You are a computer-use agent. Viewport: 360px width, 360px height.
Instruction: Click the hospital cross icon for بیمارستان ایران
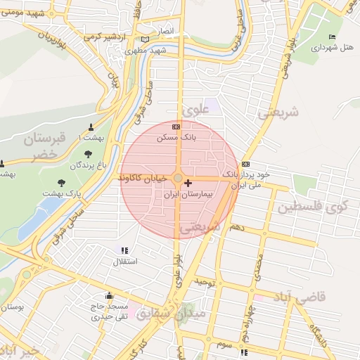[188, 184]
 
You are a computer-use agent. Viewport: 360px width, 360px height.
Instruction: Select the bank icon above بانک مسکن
[176, 127]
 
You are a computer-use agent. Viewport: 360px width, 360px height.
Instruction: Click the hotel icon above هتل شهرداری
[332, 37]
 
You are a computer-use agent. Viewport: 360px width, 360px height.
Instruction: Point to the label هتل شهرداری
[335, 47]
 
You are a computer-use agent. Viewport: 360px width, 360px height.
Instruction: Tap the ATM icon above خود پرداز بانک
[245, 163]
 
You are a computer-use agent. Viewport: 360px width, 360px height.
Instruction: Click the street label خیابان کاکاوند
[143, 178]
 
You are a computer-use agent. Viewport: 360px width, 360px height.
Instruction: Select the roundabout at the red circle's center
[178, 179]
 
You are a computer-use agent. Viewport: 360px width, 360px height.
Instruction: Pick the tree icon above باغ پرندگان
[88, 154]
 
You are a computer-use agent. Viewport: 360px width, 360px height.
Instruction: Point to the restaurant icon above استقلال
[124, 250]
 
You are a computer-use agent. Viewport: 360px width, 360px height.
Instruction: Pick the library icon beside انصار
[145, 40]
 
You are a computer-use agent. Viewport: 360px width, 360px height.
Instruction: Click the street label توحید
[204, 281]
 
